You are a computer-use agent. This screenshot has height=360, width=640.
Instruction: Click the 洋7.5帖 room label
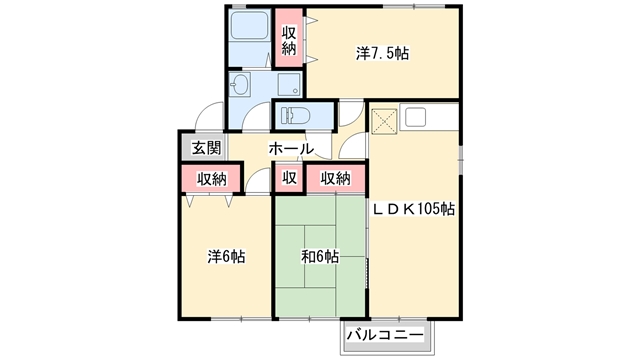tap(382, 53)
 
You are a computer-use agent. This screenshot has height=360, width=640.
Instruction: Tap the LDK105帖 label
tap(413, 209)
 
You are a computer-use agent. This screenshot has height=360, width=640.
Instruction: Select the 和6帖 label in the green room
tap(320, 257)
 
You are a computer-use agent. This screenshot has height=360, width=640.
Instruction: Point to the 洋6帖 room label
tap(226, 257)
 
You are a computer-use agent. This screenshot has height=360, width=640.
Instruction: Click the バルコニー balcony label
tap(385, 336)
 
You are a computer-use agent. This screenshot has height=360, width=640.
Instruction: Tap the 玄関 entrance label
tap(206, 148)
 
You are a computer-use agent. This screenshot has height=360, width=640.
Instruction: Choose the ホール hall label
tap(291, 149)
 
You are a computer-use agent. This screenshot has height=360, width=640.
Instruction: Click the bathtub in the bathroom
tap(249, 25)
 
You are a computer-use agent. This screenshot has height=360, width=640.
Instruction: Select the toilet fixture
tap(295, 115)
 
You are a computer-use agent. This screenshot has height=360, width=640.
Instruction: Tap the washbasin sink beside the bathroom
tap(239, 85)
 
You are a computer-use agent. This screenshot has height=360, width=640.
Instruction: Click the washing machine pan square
tap(289, 84)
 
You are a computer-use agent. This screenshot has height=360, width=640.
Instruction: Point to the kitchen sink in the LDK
tap(416, 118)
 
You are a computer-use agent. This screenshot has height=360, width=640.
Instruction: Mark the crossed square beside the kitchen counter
tap(384, 122)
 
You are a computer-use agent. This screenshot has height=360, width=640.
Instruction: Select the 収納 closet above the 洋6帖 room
tap(211, 178)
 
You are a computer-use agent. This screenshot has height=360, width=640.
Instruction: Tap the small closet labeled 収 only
tap(289, 178)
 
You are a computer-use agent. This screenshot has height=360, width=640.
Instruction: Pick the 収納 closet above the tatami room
tap(336, 178)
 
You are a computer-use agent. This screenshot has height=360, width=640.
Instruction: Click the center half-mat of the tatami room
tap(320, 256)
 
